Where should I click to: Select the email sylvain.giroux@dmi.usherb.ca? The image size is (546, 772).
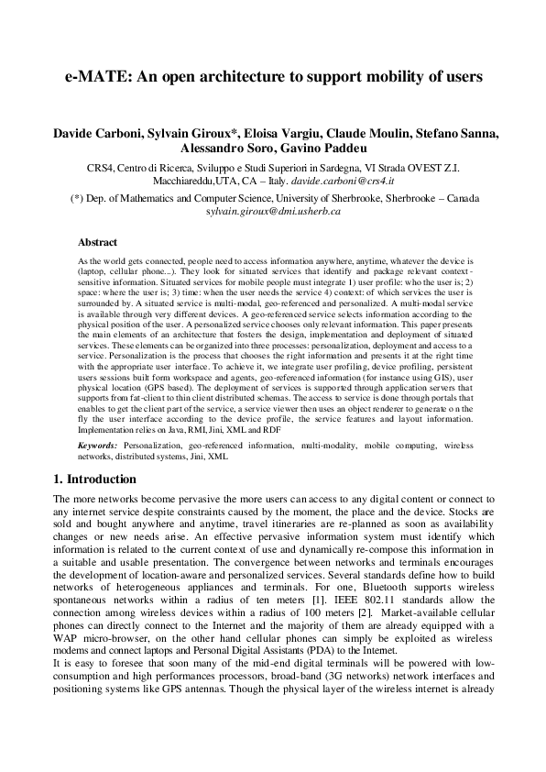pyautogui.click(x=273, y=210)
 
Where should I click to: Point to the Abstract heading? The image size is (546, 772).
pyautogui.click(x=97, y=242)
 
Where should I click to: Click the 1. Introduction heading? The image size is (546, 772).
pyautogui.click(x=94, y=479)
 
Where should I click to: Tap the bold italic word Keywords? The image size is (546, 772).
pyautogui.click(x=97, y=445)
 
